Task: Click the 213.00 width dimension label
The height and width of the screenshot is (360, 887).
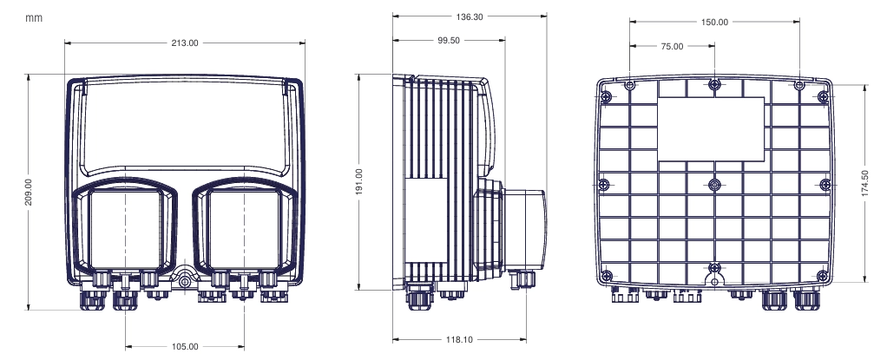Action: (185, 43)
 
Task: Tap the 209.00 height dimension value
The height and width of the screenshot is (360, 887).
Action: (29, 193)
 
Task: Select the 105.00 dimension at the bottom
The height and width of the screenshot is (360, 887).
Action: (185, 346)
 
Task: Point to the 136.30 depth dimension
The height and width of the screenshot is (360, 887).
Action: (470, 17)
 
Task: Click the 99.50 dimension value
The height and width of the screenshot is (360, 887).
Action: (450, 40)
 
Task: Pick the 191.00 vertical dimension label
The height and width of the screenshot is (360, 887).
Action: (359, 182)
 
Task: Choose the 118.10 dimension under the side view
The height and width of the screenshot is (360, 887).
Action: (459, 340)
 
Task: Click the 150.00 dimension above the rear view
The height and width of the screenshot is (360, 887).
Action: (714, 22)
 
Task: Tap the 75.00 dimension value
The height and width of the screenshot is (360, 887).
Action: (672, 46)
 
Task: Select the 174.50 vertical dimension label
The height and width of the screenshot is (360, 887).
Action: (865, 183)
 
